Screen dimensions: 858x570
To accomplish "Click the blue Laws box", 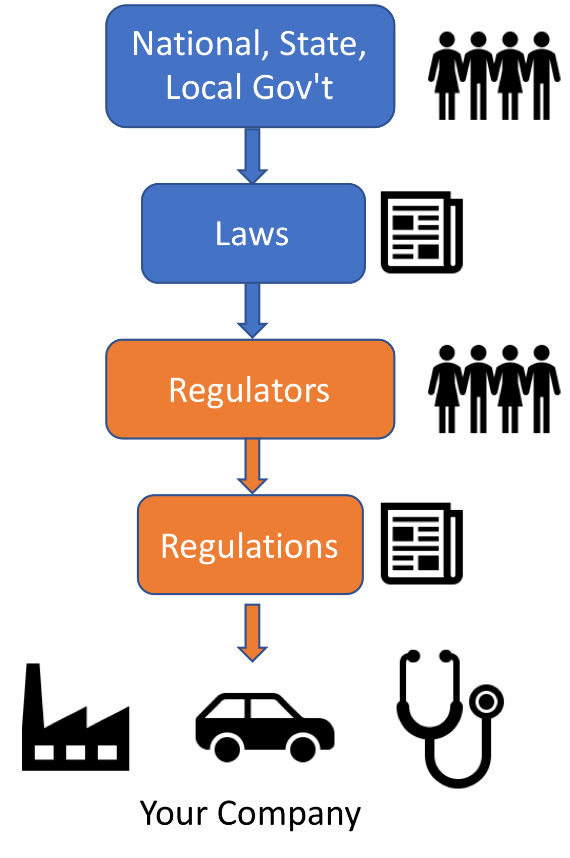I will (x=253, y=233).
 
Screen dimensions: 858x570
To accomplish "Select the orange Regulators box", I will (x=250, y=389).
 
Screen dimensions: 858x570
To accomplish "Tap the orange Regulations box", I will (x=250, y=545).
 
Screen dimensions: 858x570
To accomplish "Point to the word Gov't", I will (x=292, y=87).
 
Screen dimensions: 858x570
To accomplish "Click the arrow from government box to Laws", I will (x=252, y=154).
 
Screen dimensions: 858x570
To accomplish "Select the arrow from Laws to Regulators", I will (x=252, y=309).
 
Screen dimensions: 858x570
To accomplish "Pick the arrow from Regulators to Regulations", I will (x=252, y=465).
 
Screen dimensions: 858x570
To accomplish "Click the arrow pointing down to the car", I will (x=252, y=631).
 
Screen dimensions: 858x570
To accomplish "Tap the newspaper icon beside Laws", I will (x=421, y=233).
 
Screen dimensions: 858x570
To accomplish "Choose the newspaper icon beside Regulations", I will (x=421, y=544).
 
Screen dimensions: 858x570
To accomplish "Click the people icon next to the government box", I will (x=494, y=76).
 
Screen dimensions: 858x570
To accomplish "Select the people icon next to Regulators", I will (x=494, y=389).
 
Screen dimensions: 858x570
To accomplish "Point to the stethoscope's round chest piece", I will (x=487, y=702).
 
